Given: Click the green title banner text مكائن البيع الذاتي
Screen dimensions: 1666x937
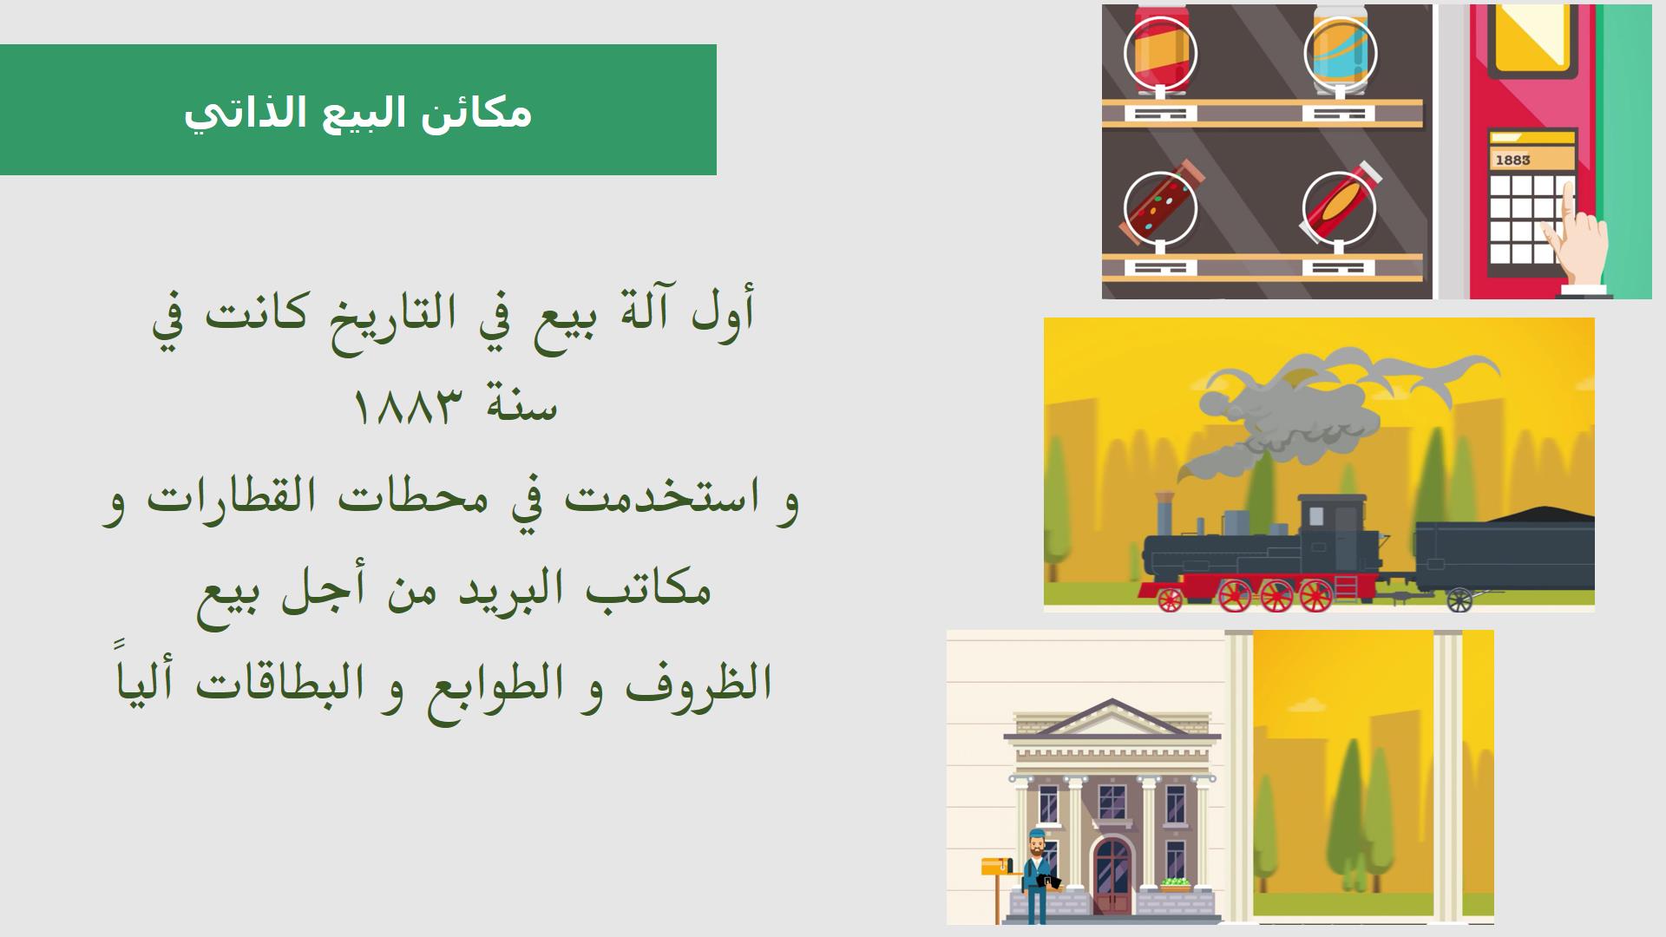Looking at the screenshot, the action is click(357, 113).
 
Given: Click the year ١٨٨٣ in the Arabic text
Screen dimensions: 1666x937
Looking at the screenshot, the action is click(405, 406).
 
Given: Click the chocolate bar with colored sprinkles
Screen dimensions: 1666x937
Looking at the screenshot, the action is click(1160, 205).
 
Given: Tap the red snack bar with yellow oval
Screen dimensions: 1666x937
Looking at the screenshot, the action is click(1340, 205).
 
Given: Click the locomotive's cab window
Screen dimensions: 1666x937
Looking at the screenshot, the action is click(1316, 516).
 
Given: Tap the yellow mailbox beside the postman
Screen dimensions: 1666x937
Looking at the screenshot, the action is click(996, 866).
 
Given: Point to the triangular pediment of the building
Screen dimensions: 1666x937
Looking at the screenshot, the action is click(1112, 720).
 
